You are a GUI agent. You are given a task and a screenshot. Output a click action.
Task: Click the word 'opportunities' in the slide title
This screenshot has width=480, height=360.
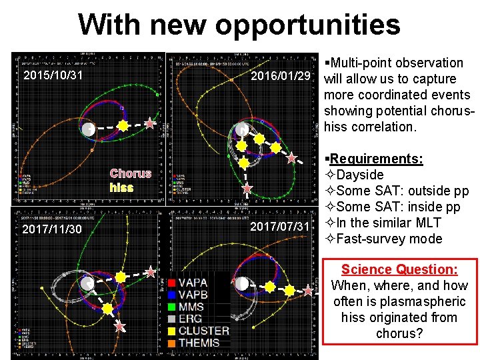pyautogui.click(x=307, y=25)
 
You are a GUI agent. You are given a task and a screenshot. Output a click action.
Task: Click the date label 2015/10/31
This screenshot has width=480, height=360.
pyautogui.click(x=53, y=75)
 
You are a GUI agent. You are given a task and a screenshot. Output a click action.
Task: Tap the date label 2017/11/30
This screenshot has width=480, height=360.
pyautogui.click(x=51, y=229)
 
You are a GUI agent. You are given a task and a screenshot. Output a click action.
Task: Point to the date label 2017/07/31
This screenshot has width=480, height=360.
pyautogui.click(x=280, y=227)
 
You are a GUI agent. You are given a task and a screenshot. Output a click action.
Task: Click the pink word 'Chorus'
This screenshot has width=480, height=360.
pyautogui.click(x=131, y=173)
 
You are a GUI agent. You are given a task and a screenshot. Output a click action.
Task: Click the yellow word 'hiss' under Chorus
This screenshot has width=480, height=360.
pyautogui.click(x=121, y=187)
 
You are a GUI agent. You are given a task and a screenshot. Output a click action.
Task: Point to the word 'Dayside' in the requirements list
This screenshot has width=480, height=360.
pyautogui.click(x=360, y=175)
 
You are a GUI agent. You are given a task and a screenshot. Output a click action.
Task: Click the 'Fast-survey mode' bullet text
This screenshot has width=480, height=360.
pyautogui.click(x=389, y=239)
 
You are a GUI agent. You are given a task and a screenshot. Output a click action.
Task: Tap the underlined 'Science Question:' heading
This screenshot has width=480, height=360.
pyautogui.click(x=399, y=269)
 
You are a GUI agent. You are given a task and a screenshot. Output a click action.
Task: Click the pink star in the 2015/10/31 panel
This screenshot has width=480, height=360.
pyautogui.click(x=150, y=124)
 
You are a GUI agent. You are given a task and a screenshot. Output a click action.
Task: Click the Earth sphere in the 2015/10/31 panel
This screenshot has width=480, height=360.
pyautogui.click(x=88, y=129)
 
